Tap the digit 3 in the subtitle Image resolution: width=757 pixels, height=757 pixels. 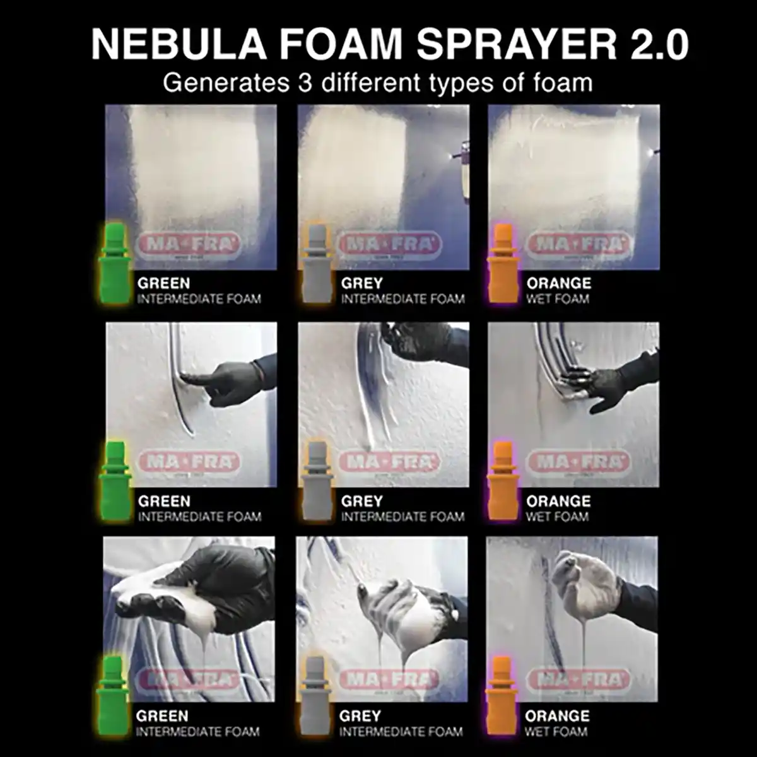[305, 83]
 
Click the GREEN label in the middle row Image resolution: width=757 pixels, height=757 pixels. [164, 502]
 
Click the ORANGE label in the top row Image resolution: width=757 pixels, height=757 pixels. [558, 283]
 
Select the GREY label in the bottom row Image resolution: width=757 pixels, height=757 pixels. [360, 717]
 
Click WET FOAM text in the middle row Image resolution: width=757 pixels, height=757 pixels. [558, 517]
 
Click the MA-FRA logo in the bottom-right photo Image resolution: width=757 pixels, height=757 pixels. [578, 680]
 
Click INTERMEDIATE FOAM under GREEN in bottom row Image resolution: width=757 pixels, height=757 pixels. [198, 732]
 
